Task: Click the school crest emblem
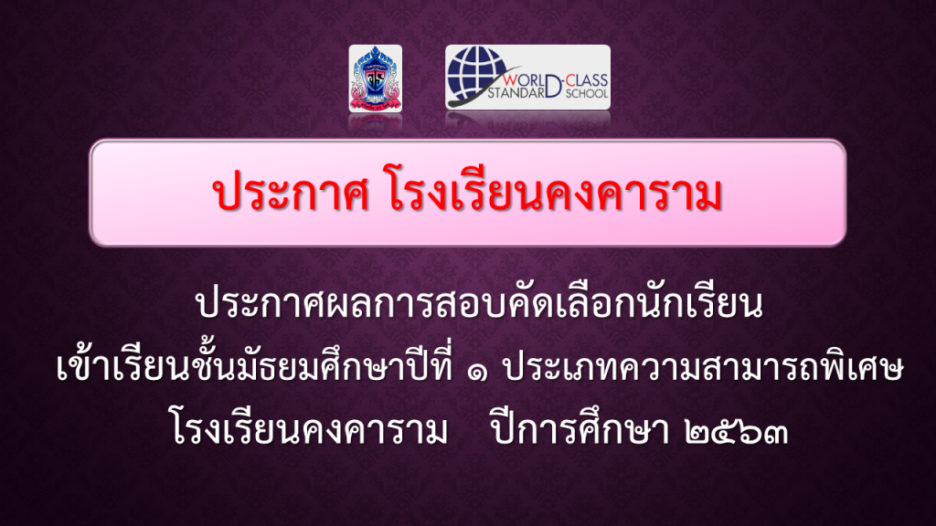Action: pos(375,79)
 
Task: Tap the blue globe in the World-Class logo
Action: pos(475,73)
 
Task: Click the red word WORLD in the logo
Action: pos(523,80)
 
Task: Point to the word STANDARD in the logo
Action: pos(516,92)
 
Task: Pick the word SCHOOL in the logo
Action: pos(587,93)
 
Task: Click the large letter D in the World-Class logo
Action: pos(553,85)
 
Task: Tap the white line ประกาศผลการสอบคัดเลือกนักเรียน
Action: pos(479,303)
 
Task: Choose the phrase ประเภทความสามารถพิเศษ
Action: pos(703,367)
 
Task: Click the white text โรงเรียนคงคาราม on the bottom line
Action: pos(309,427)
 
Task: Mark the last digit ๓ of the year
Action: pos(775,433)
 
